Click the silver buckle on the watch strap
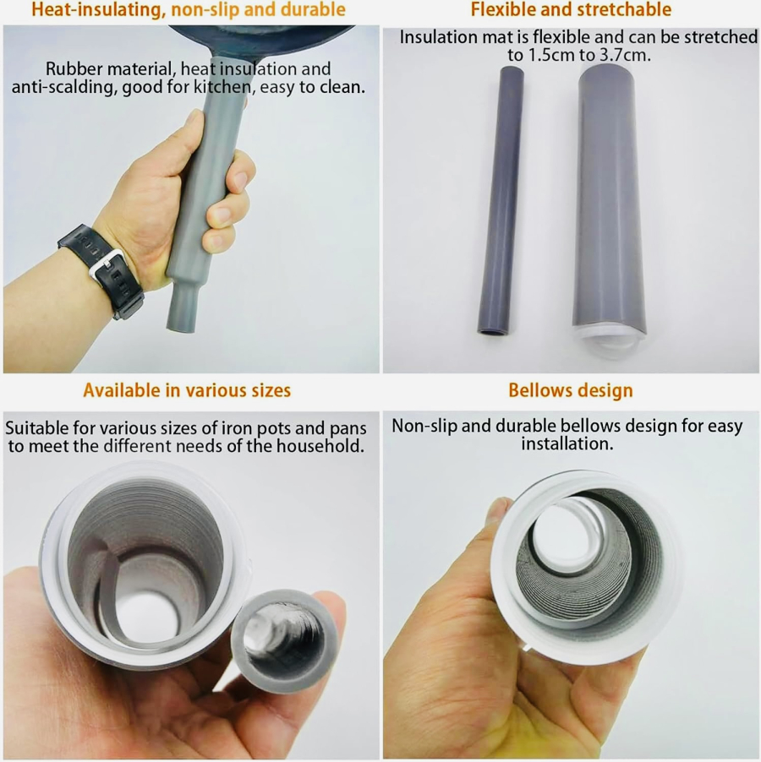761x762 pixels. (107, 264)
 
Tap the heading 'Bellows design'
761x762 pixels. (571, 390)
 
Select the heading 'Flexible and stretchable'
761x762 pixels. (571, 9)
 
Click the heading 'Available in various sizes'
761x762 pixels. (187, 390)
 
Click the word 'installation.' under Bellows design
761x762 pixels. (567, 444)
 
